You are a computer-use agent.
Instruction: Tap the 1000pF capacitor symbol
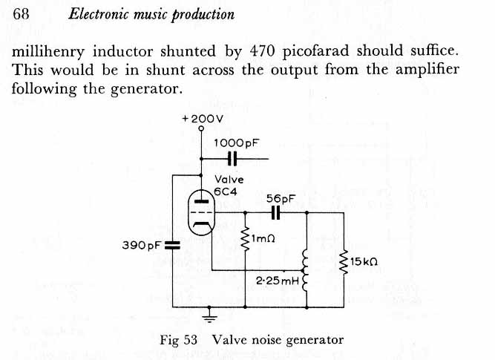(x=232, y=158)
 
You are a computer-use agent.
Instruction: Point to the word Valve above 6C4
(x=229, y=179)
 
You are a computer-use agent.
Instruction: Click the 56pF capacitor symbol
(x=275, y=212)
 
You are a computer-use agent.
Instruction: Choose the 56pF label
(x=281, y=198)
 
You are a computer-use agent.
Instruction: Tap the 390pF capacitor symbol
(x=172, y=245)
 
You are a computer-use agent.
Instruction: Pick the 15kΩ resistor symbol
(x=343, y=263)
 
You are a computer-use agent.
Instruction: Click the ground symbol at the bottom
(x=210, y=318)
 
